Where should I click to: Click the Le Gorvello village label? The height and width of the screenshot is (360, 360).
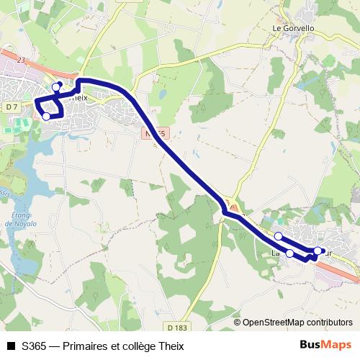[294, 28]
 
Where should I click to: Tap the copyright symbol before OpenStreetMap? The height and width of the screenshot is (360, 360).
[238, 323]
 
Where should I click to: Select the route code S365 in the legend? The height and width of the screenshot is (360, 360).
[35, 346]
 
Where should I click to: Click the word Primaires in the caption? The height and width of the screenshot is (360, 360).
[86, 346]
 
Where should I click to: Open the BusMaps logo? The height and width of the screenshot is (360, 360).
[325, 346]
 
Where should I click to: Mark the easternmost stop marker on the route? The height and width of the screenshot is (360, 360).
[318, 251]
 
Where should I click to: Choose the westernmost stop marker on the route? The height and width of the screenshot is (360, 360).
[46, 116]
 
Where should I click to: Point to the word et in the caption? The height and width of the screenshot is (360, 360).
[116, 346]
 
